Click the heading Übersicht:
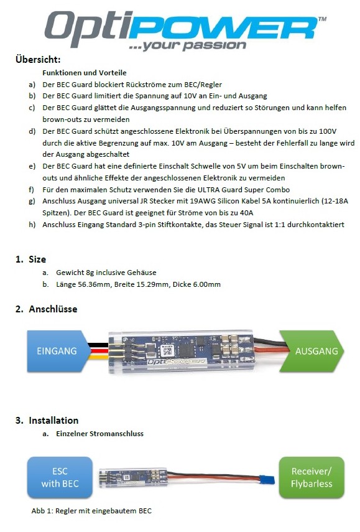(x=38, y=60)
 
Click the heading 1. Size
(x=31, y=259)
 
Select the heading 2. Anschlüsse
(x=47, y=309)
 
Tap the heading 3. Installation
(x=47, y=421)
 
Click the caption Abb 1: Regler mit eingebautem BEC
(x=91, y=511)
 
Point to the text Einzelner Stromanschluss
(x=99, y=434)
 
